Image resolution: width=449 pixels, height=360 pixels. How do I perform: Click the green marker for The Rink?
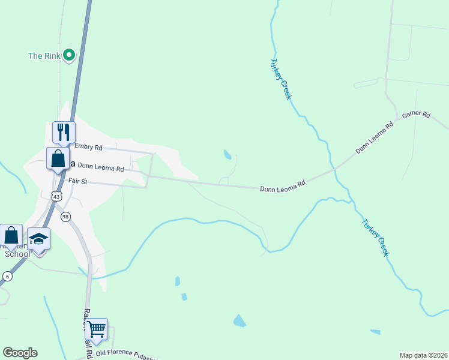[x=69, y=55]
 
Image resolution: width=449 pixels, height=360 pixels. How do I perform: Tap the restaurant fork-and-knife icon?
[x=64, y=131]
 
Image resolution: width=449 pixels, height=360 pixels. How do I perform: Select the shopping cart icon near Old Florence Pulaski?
[x=96, y=329]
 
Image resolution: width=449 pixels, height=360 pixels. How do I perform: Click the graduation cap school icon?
[x=39, y=239]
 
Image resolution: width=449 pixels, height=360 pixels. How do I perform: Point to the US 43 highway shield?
[x=56, y=196]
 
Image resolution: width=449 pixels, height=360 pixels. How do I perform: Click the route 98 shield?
[x=65, y=216]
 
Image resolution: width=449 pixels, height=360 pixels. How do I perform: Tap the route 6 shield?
[x=7, y=275]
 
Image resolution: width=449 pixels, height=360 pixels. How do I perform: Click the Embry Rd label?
[x=88, y=147]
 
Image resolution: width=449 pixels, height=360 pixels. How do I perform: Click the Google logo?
[x=20, y=353]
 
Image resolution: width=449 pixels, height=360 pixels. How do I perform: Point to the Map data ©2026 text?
[x=423, y=355]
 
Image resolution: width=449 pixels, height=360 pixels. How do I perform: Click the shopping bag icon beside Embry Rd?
[x=58, y=159]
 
